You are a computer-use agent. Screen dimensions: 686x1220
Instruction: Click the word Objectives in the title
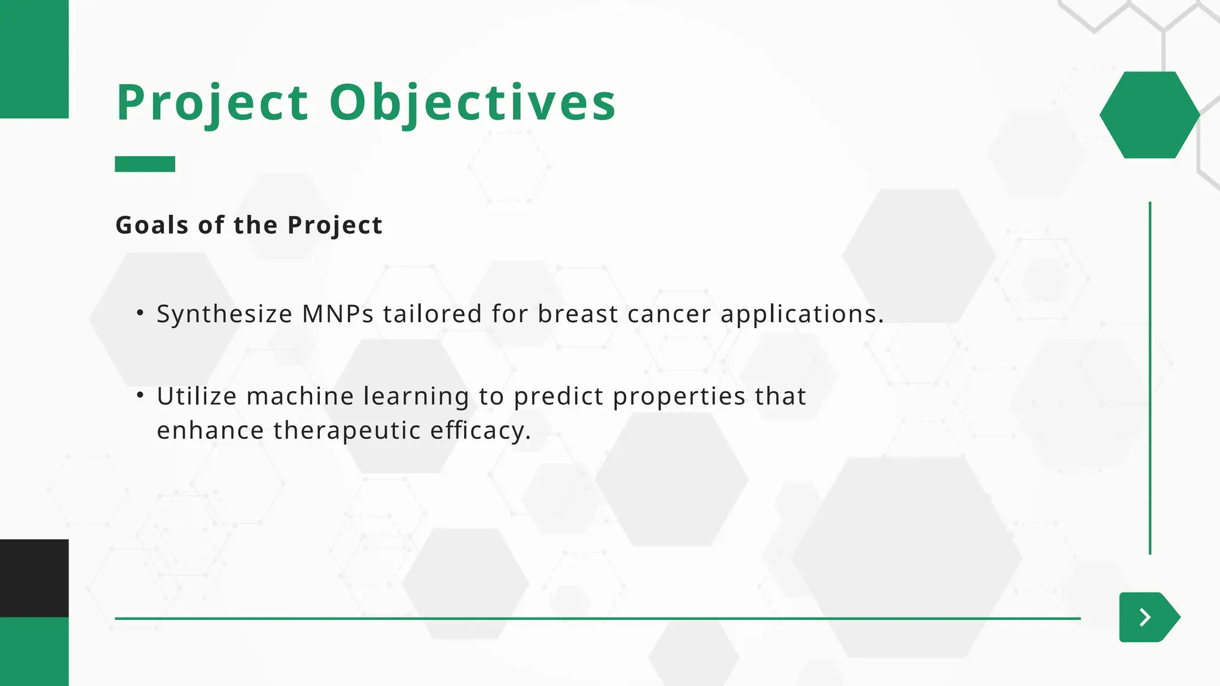point(472,103)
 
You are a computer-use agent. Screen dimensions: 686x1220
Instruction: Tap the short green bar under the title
point(145,164)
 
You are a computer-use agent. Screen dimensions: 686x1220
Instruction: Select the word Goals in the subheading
point(152,225)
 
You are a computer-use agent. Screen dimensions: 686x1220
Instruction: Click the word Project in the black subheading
point(334,225)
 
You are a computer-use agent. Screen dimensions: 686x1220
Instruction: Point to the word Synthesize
point(225,314)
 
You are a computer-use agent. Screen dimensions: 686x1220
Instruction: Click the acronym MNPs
point(338,314)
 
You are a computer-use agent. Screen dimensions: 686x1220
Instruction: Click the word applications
point(801,314)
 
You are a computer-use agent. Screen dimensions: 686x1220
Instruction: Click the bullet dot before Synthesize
point(140,312)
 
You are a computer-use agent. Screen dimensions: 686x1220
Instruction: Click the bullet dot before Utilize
point(140,394)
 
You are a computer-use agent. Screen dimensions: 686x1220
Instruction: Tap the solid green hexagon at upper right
point(1149,115)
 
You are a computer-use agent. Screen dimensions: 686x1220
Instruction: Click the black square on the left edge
point(34,578)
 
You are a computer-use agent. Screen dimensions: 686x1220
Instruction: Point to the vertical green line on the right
point(1150,378)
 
